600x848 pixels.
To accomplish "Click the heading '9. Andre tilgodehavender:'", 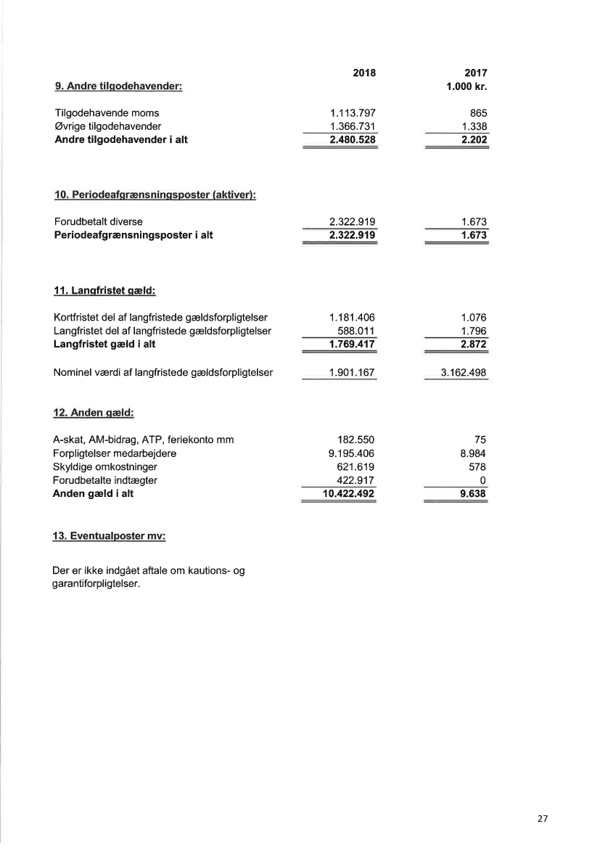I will pos(118,86).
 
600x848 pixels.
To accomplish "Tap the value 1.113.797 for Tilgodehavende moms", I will pos(352,113).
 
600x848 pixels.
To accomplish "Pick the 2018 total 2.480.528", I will pos(352,139).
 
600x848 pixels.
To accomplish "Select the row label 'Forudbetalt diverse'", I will pos(99,221).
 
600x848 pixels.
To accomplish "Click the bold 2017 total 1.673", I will pos(472,234).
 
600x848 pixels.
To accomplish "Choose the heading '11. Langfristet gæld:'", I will pos(106,291).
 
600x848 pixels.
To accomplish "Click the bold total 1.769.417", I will pos(352,343).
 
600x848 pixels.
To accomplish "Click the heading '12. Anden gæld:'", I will pos(95,413).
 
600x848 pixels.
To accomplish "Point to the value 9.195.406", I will pos(352,453).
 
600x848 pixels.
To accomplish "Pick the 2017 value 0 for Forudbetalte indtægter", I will pos(482,480).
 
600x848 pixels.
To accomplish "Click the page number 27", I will pos(543,818).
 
